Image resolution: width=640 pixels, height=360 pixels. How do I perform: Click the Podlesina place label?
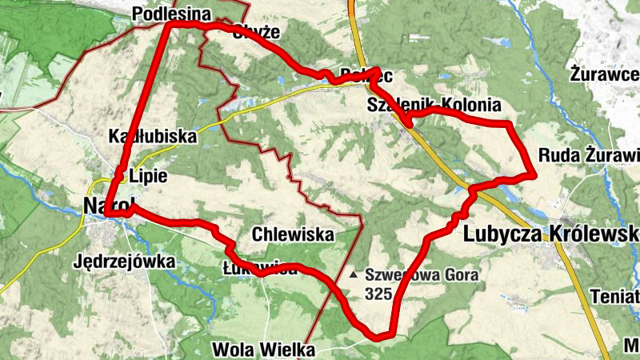pyautogui.click(x=171, y=14)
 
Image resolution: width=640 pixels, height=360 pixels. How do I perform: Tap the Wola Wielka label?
pyautogui.click(x=264, y=350)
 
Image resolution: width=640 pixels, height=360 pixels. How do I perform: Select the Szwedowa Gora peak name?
pyautogui.click(x=422, y=275)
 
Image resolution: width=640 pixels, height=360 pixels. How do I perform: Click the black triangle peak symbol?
pyautogui.click(x=354, y=274)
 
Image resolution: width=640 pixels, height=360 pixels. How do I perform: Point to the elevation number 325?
pyautogui.click(x=378, y=294)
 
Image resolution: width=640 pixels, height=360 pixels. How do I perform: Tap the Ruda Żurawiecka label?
pyautogui.click(x=589, y=154)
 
